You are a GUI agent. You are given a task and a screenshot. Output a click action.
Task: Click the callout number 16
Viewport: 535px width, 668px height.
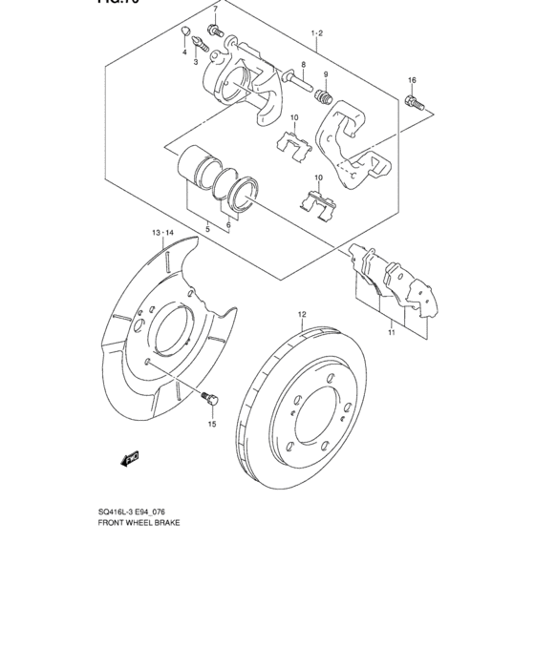click(x=412, y=80)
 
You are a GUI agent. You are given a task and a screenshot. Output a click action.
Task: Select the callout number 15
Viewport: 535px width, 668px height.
click(x=212, y=424)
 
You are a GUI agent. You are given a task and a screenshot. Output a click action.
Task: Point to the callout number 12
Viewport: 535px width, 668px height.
click(x=301, y=314)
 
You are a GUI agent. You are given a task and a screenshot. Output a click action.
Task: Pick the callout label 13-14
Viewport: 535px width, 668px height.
click(x=161, y=232)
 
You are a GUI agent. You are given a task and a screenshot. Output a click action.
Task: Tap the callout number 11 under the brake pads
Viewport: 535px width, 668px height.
click(x=391, y=333)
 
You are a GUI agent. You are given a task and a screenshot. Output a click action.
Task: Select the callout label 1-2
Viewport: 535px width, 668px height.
click(x=317, y=33)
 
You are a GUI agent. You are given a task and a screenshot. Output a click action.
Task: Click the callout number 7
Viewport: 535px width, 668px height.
click(x=215, y=9)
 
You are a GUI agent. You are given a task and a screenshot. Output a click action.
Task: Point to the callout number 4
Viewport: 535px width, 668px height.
click(x=184, y=52)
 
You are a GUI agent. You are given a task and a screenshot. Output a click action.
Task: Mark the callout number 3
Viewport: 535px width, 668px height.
click(x=196, y=62)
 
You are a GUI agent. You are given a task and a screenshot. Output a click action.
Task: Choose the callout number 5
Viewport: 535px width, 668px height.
click(x=207, y=229)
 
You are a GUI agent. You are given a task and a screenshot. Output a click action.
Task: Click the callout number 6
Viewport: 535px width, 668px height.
click(x=229, y=226)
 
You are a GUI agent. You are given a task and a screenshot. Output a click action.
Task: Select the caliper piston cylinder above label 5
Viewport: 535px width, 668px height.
click(x=197, y=165)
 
